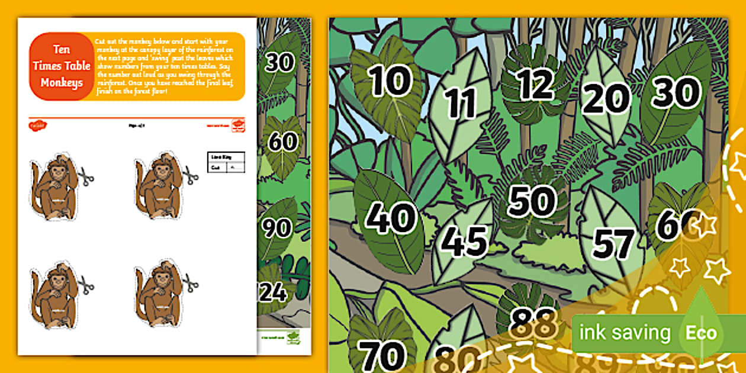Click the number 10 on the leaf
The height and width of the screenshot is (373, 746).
point(390,81)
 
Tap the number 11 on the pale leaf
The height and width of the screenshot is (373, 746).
point(461,103)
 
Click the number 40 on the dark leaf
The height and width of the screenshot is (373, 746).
point(390,217)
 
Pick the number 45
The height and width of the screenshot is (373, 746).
point(464,242)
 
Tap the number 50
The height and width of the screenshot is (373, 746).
point(532,201)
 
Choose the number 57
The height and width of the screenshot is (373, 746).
point(614,243)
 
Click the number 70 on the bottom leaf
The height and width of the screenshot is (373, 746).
point(382,355)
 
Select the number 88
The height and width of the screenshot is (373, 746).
point(526,322)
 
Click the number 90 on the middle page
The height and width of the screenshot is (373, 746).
point(277,229)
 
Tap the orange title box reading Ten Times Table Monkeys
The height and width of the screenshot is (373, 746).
point(61,66)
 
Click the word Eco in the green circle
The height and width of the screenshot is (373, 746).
point(701,333)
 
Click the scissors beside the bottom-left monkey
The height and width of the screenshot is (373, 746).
point(86,285)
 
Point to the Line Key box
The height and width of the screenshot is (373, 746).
point(226,162)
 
